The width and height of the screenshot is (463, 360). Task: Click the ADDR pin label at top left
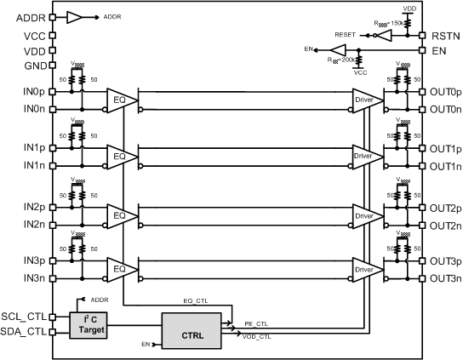(24, 16)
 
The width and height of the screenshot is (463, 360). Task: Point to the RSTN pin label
(445, 36)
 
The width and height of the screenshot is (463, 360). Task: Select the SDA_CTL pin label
(25, 332)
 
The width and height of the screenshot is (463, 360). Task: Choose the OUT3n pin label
(446, 277)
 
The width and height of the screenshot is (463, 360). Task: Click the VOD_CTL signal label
(256, 338)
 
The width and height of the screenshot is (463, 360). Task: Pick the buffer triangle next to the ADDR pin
(75, 16)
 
